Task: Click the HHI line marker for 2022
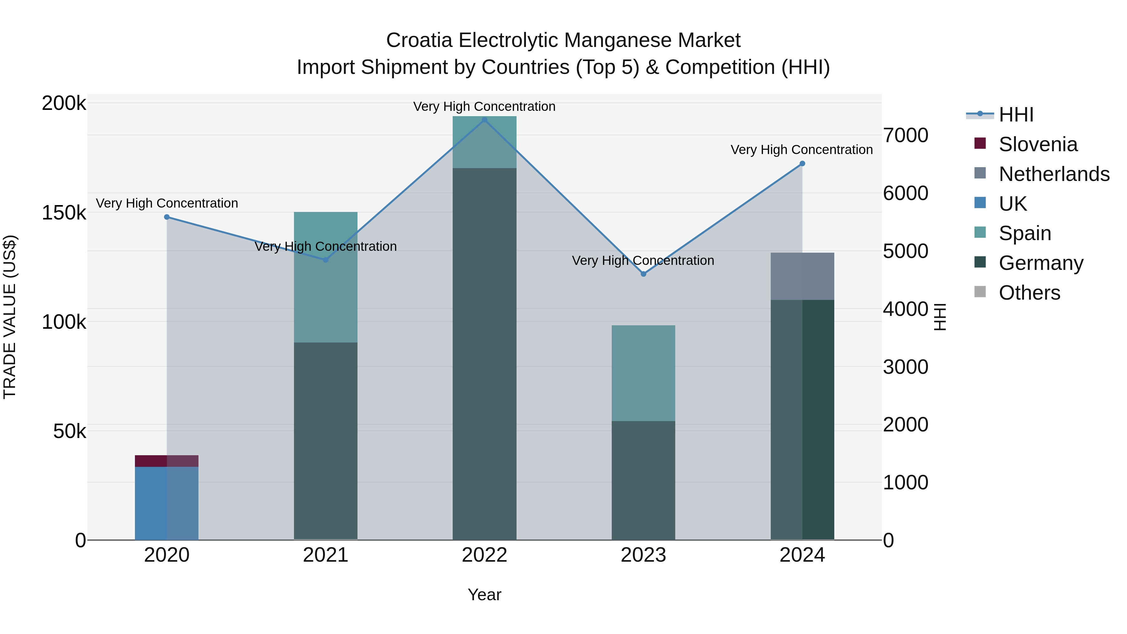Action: [484, 120]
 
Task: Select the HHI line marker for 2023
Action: [643, 274]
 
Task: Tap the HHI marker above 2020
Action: [167, 217]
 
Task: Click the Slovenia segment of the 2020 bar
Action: [166, 461]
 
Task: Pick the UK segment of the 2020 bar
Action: [166, 503]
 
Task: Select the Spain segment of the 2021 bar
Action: [326, 277]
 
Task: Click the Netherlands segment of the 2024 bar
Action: [802, 276]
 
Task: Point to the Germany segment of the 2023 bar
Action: [643, 480]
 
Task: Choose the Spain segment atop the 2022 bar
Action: [484, 142]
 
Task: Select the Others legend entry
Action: [1029, 293]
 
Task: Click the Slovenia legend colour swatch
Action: [980, 143]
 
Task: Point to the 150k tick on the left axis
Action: [64, 213]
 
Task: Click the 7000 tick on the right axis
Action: [905, 136]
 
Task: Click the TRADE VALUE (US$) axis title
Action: [10, 317]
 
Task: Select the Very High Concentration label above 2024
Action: [801, 150]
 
